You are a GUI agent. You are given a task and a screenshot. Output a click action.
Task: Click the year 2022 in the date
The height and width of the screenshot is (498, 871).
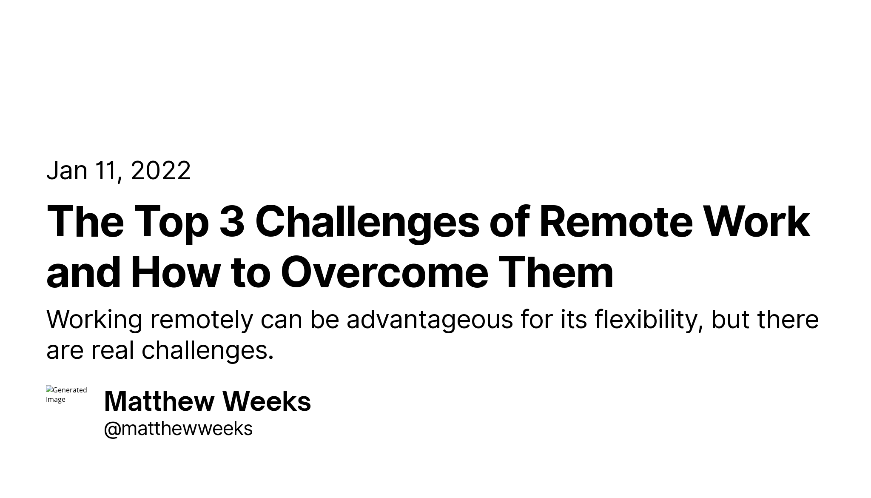coord(161,171)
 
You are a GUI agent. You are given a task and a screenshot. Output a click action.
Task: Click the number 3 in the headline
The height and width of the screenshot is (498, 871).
coord(232,221)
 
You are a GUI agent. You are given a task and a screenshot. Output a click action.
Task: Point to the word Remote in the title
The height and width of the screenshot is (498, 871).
coord(616,221)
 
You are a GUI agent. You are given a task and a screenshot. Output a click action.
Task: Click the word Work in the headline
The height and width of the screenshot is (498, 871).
coord(757,221)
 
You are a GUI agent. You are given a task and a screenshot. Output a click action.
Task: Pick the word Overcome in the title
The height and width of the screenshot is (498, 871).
coord(384,272)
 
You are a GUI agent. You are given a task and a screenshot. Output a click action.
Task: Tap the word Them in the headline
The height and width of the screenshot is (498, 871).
coord(556,272)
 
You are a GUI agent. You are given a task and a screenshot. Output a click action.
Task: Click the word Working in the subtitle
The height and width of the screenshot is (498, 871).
coord(94,321)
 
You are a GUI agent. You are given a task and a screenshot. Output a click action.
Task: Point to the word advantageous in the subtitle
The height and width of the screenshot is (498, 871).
coord(430,321)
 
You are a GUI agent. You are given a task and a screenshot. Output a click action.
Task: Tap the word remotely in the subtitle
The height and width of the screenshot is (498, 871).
coord(202,321)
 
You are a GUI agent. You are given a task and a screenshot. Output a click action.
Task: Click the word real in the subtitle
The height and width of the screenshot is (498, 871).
coord(112,351)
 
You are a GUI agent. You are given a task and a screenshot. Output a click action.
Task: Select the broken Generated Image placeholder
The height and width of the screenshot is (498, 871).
coord(66,395)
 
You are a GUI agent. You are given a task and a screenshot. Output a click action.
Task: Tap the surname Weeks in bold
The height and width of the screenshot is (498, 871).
coord(267,401)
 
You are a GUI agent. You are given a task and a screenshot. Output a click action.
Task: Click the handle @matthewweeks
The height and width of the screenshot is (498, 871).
coord(178,429)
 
